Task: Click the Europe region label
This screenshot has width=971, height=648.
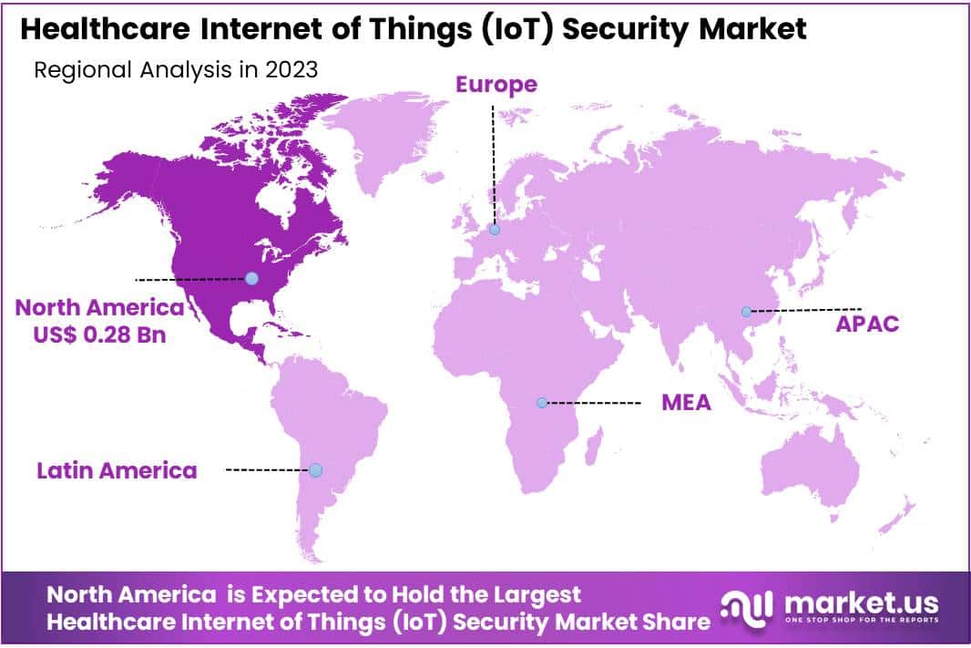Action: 496,85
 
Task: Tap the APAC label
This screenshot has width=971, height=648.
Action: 867,324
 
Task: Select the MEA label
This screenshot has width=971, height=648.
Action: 686,403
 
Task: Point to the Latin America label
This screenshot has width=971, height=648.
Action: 117,471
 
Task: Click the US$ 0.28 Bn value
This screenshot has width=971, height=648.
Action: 100,334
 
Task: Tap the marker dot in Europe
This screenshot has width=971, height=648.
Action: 494,230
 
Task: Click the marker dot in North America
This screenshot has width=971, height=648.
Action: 251,278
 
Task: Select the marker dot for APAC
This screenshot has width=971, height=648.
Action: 746,312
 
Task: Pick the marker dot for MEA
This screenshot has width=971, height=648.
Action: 542,403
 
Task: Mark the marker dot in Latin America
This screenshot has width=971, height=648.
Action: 315,470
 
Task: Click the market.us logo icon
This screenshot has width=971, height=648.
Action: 747,605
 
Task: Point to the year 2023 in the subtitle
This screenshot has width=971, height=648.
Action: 292,70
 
